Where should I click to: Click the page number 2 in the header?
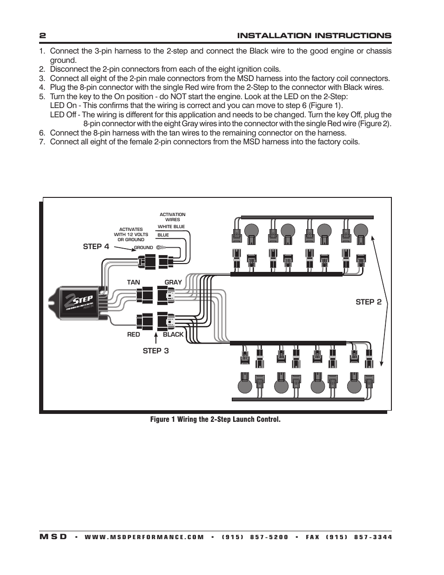42,36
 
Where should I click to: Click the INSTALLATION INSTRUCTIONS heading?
314,36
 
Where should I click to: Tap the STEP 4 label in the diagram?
96,247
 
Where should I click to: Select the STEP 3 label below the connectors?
155,351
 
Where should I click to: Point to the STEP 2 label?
368,302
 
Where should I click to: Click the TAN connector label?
133,282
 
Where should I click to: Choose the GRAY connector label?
173,282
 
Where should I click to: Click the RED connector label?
133,334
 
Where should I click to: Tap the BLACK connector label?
173,334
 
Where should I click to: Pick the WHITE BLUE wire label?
171,227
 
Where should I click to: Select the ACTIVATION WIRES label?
172,217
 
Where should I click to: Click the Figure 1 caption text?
215,419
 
